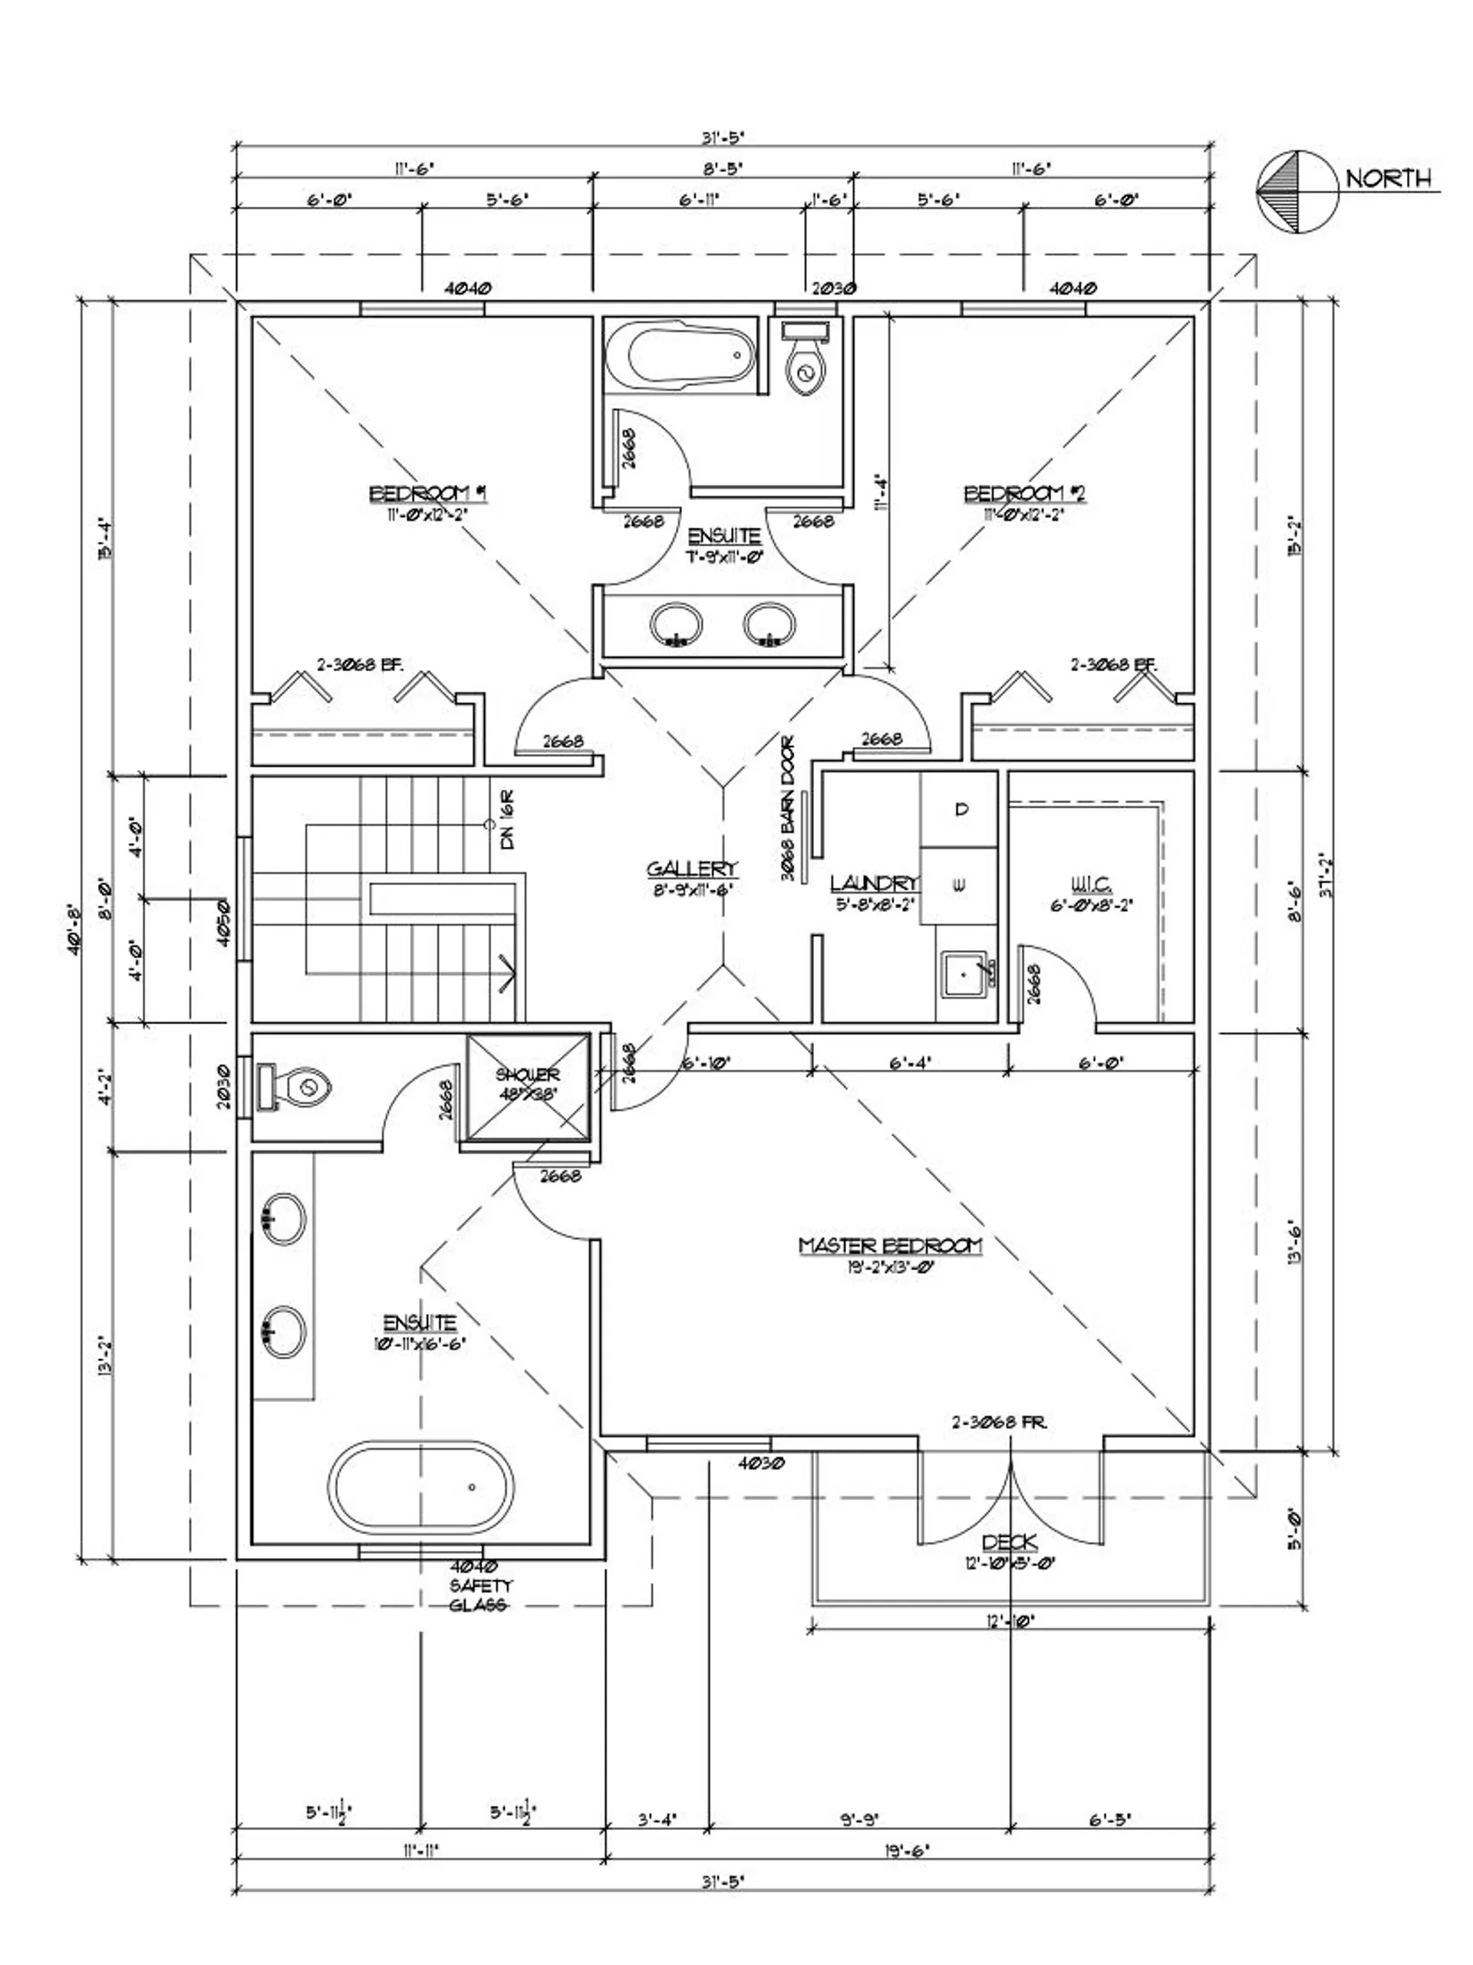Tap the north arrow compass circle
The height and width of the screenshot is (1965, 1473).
pyautogui.click(x=1297, y=191)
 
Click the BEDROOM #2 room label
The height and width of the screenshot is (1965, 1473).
pyautogui.click(x=1025, y=493)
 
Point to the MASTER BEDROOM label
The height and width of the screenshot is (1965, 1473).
pyautogui.click(x=889, y=1246)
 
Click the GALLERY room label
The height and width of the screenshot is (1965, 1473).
pyautogui.click(x=691, y=868)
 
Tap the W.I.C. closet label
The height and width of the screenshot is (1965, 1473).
pyautogui.click(x=1091, y=884)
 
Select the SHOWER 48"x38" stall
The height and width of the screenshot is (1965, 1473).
pyautogui.click(x=528, y=1085)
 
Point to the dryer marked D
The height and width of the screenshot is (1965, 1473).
pyautogui.click(x=961, y=809)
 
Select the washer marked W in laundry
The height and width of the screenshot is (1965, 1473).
pyautogui.click(x=961, y=885)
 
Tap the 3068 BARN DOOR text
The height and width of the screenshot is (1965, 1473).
pyautogui.click(x=787, y=808)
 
